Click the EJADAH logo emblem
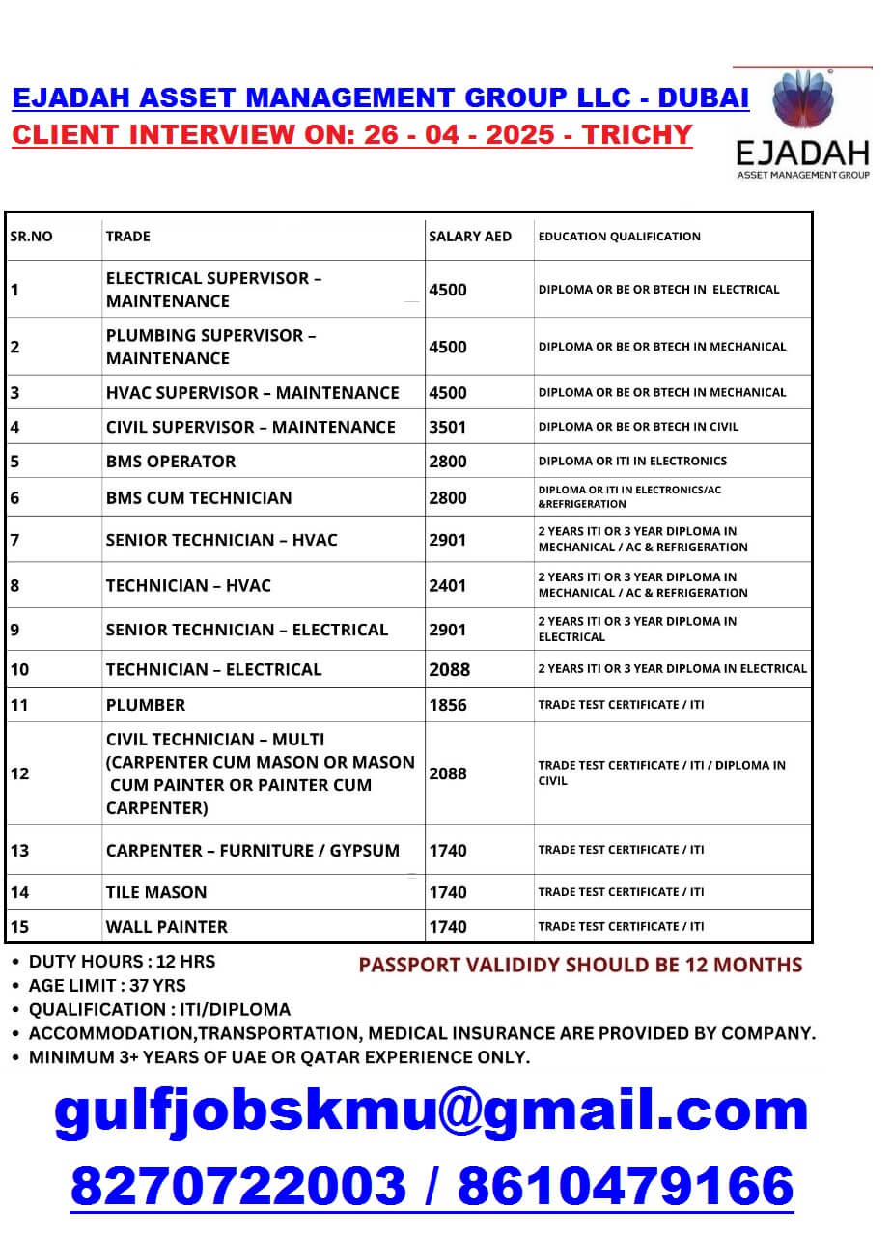801,101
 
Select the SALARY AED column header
470,237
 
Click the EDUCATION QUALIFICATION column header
620,237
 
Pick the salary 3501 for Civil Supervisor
448,427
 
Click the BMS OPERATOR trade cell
171,462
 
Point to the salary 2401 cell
448,585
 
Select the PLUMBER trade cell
146,705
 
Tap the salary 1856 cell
448,705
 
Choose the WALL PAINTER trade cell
167,927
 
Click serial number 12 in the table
20,773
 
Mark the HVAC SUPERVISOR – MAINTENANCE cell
253,393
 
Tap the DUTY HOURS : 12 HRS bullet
122,962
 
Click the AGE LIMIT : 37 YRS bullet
107,986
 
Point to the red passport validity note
580,965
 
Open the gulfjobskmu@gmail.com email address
431,1110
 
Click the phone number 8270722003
238,1187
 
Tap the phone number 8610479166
626,1187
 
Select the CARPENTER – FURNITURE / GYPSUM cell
253,851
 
